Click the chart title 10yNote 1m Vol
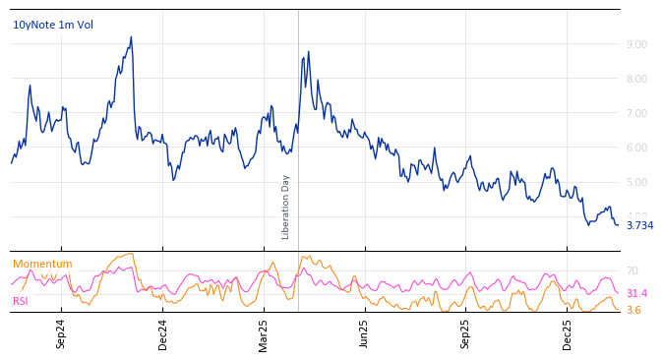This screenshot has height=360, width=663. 53,25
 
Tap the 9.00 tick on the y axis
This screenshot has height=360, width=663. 636,44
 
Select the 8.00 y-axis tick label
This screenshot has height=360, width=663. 636,79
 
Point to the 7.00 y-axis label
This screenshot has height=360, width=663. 636,113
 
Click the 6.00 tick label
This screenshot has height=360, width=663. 636,148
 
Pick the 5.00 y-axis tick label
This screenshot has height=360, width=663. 636,182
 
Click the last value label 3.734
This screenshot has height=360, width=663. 639,225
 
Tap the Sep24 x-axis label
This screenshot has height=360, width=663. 61,334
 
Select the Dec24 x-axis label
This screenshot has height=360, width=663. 163,334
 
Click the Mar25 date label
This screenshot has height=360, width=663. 264,334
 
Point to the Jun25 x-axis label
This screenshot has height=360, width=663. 364,334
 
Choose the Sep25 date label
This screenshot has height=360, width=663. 465,334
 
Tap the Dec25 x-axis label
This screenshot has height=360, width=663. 567,334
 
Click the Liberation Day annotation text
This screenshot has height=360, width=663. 286,207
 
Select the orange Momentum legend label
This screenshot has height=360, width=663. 42,264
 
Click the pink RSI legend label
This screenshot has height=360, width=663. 21,301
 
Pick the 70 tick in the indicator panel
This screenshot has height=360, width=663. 633,270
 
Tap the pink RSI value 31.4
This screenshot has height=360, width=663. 636,293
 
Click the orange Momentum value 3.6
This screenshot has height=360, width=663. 633,310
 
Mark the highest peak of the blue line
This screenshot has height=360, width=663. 131,37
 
